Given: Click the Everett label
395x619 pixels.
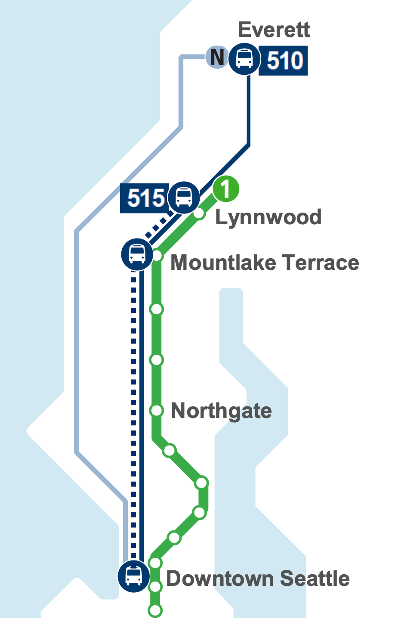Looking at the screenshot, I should point(274,30).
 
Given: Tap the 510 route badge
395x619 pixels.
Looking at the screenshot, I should point(284,60).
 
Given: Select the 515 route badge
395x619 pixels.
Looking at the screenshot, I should point(145,198).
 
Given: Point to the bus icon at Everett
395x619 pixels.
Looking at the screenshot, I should point(244,59).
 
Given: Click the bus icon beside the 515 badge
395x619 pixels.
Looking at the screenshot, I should point(184,197).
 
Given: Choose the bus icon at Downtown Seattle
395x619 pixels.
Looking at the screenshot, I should point(134,576).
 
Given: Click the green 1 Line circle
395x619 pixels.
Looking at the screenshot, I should point(225,189).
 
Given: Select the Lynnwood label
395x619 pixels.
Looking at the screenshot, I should point(268,217).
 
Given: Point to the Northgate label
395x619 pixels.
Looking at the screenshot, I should point(221,411).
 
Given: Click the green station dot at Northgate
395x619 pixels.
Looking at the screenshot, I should point(157,411).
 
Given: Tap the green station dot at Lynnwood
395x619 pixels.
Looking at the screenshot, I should point(199,213).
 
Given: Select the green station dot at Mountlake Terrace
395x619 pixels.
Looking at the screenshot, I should point(157,256).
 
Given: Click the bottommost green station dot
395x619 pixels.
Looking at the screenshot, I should point(155,610).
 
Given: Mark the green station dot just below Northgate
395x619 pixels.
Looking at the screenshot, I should point(170,450).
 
